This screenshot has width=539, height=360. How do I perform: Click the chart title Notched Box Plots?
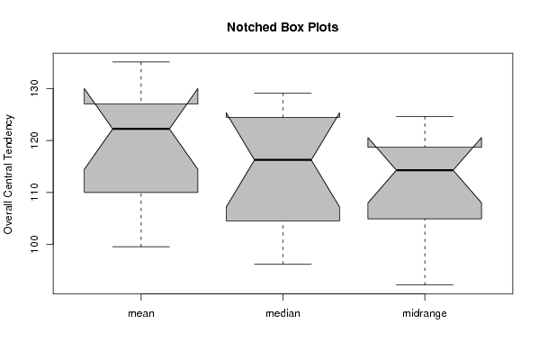tap(283, 27)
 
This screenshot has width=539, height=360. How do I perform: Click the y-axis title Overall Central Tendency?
tap(8, 175)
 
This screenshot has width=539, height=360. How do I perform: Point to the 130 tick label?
tap(34, 88)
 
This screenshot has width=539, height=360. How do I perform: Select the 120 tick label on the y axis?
tap(34, 140)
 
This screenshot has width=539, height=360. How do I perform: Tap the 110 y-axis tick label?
tap(34, 193)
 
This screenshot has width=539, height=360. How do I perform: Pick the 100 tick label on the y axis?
tap(34, 244)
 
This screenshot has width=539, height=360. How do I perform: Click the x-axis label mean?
tap(141, 313)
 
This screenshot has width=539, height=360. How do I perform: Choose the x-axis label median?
tap(283, 313)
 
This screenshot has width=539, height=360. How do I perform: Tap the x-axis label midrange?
tap(425, 313)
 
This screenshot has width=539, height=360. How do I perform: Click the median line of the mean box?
tap(141, 129)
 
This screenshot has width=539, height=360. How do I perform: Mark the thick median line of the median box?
tap(283, 160)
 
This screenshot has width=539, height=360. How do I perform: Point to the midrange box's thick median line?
tap(425, 170)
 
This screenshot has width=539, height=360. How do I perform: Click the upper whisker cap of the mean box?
tap(141, 62)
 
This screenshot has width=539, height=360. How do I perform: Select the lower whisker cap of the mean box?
tap(141, 247)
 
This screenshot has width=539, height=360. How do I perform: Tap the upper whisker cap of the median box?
tap(283, 93)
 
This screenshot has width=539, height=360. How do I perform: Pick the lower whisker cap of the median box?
tap(283, 264)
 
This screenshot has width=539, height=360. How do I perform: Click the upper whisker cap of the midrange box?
tap(425, 117)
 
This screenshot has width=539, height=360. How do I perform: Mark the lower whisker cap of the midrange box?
tap(425, 284)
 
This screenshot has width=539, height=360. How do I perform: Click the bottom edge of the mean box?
tap(141, 193)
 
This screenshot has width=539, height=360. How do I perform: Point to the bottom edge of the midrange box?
tap(425, 219)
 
